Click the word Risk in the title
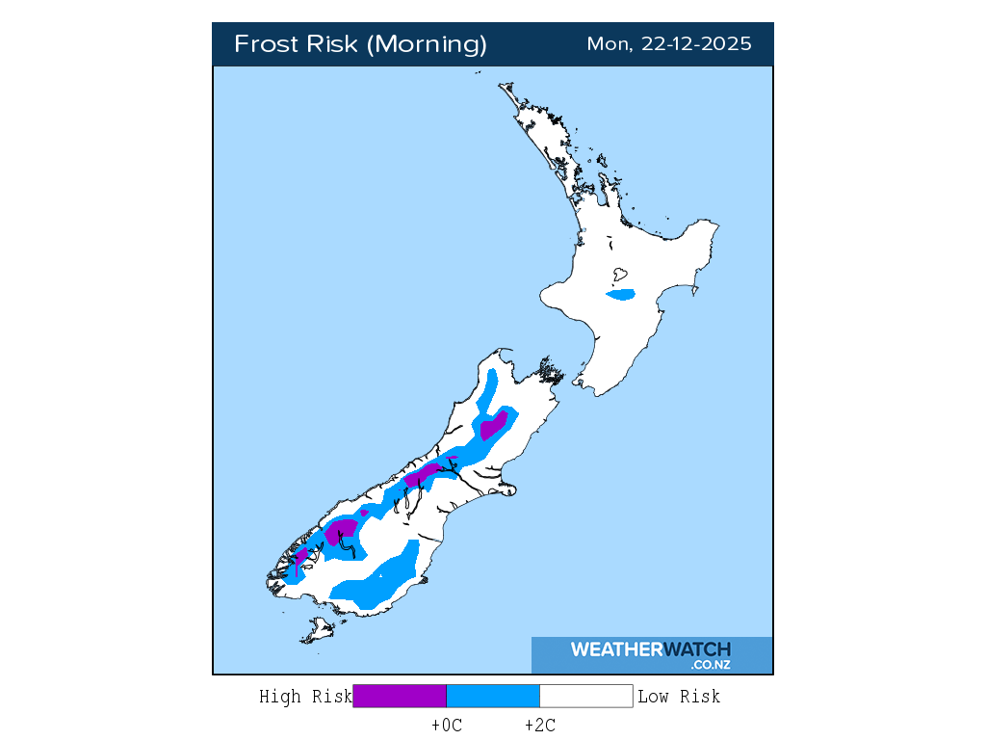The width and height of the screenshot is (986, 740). pyautogui.click(x=332, y=44)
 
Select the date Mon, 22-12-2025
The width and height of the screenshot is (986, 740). pyautogui.click(x=669, y=44)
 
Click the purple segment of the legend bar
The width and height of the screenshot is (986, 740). pyautogui.click(x=400, y=696)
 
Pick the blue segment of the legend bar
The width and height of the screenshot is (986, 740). pyautogui.click(x=492, y=696)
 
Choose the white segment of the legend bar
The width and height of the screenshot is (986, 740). pyautogui.click(x=585, y=696)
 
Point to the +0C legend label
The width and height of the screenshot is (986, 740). pyautogui.click(x=447, y=726)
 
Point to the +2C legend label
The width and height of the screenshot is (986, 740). pyautogui.click(x=539, y=726)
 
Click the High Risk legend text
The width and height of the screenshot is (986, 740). pyautogui.click(x=305, y=696)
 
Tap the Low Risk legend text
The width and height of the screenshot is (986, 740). pyautogui.click(x=679, y=696)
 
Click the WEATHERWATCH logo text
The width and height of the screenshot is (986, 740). pyautogui.click(x=650, y=649)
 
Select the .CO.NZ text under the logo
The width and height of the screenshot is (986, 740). pyautogui.click(x=710, y=665)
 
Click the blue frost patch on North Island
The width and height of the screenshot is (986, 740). pyautogui.click(x=621, y=294)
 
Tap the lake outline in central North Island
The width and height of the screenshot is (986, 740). pyautogui.click(x=621, y=274)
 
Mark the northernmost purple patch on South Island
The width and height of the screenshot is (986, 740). pyautogui.click(x=494, y=425)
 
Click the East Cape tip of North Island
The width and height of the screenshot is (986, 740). pyautogui.click(x=717, y=225)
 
